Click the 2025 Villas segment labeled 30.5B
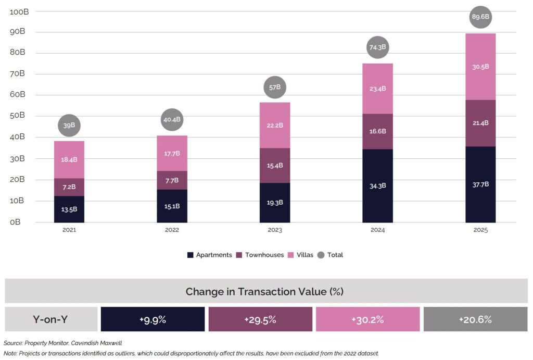(x=480, y=67)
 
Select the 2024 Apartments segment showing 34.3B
(x=378, y=185)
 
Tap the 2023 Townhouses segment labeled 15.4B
(x=275, y=166)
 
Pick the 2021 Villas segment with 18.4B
(x=69, y=159)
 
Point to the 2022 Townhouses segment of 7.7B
(x=172, y=180)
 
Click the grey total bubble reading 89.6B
(x=480, y=17)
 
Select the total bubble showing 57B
(x=275, y=88)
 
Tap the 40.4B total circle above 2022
(x=172, y=119)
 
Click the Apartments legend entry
(x=211, y=255)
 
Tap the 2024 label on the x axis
(x=378, y=230)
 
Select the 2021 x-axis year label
(x=69, y=230)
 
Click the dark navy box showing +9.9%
(x=153, y=319)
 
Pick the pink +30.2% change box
(x=367, y=319)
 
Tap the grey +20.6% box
(x=475, y=319)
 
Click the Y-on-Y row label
(x=51, y=319)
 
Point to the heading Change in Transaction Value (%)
(x=264, y=291)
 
